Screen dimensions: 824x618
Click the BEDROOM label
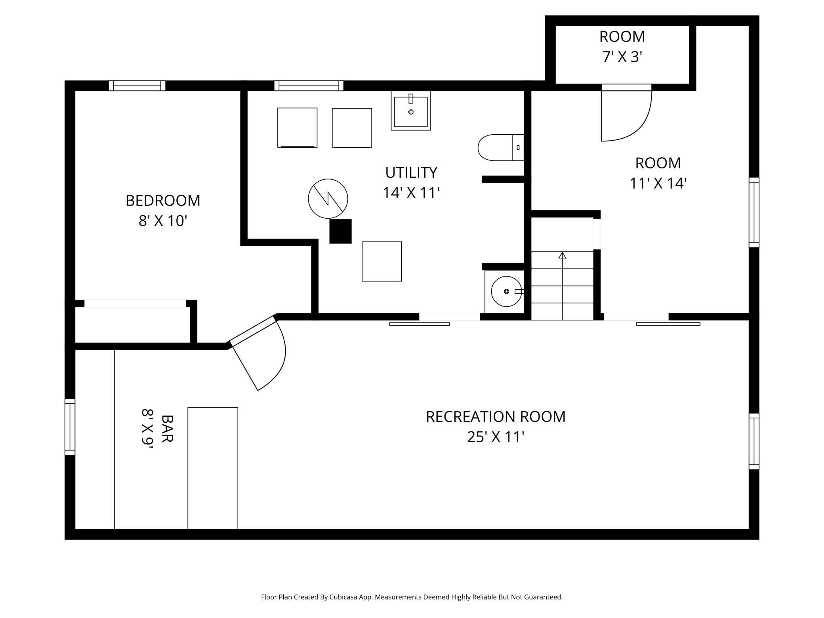[163, 200]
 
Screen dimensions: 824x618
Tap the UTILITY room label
[411, 173]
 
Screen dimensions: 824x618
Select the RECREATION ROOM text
[496, 417]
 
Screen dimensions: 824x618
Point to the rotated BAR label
[168, 428]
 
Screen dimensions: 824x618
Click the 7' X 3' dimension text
[622, 57]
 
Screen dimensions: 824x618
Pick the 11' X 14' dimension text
[658, 183]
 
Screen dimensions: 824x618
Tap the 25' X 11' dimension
[496, 437]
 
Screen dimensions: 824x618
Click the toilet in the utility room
[501, 147]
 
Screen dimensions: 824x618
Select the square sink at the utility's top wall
[411, 111]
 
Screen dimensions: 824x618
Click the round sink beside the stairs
[506, 292]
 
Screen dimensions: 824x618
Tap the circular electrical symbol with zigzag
[328, 198]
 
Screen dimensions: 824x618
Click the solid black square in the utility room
[340, 231]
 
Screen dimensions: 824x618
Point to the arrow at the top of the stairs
[562, 256]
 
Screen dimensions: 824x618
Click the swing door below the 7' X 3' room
[626, 113]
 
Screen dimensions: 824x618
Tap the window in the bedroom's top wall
[137, 86]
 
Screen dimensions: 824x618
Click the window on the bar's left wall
[70, 427]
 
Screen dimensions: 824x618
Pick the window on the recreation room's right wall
[754, 441]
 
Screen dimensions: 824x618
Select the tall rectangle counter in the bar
[213, 468]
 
